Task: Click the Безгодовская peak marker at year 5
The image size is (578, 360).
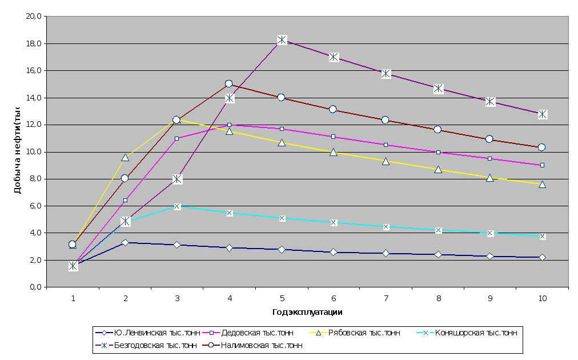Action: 282,40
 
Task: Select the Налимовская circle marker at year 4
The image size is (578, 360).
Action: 229,84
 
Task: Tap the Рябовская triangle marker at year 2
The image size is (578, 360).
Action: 125,157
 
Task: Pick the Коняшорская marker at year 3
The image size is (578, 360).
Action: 177,206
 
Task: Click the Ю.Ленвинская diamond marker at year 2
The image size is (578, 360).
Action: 125,243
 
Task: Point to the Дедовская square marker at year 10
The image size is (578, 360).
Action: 542,165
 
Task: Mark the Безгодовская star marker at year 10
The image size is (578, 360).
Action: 542,114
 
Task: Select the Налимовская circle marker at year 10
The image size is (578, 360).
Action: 542,147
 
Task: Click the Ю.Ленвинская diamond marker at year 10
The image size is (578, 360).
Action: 542,258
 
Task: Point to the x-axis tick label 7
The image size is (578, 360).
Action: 386,299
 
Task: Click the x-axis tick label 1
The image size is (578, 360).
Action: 73,299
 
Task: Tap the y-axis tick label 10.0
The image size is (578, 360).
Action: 35,152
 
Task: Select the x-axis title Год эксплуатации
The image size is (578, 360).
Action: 307,313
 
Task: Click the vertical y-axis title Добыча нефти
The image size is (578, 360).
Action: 18,151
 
